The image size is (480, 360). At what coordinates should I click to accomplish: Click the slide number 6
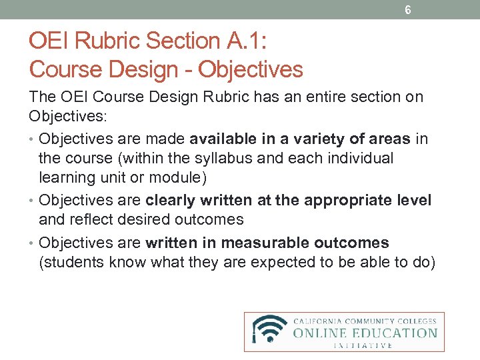tap(407, 10)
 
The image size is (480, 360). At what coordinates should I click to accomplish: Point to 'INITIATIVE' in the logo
tap(363, 345)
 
